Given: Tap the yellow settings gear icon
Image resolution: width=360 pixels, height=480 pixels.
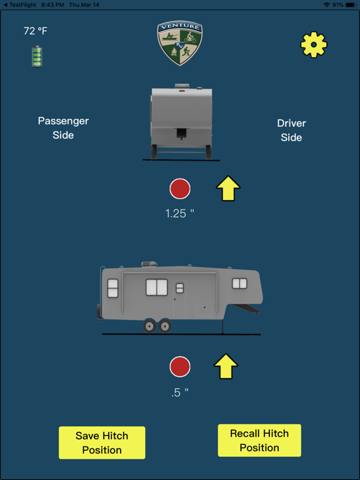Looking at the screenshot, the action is click(x=314, y=45).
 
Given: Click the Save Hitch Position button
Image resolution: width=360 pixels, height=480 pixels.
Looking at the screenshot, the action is click(x=102, y=442).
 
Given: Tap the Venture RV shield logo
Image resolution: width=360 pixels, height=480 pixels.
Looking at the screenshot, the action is click(x=180, y=43).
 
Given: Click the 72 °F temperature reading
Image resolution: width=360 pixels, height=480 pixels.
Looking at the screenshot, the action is click(x=36, y=31).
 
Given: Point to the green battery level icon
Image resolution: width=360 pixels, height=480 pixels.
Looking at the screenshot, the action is click(x=37, y=56).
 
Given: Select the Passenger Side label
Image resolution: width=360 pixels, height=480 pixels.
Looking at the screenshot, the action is click(x=63, y=128).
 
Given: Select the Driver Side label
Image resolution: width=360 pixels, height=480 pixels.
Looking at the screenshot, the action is click(x=291, y=131).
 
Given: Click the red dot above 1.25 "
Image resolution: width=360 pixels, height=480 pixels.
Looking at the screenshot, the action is click(x=180, y=189).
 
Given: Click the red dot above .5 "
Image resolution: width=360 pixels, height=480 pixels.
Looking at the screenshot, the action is click(x=180, y=366).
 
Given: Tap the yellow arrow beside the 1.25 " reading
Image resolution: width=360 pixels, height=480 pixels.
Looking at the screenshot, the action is click(x=228, y=188).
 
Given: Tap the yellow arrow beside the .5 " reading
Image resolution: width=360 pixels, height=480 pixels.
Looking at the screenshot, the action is click(x=226, y=366).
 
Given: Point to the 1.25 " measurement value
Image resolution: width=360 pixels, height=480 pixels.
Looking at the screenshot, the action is click(x=180, y=213).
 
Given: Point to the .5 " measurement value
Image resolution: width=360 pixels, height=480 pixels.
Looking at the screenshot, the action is click(x=180, y=392).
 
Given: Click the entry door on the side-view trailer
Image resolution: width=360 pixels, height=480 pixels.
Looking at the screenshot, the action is click(x=180, y=299).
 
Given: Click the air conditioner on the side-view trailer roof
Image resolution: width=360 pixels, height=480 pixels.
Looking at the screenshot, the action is click(x=149, y=264).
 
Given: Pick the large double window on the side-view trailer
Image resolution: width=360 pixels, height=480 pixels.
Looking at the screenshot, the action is click(x=157, y=287).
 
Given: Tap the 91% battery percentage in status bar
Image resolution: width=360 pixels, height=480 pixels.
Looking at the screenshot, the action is click(x=337, y=5).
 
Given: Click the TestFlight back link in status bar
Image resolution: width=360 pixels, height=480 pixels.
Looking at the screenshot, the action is click(x=19, y=5).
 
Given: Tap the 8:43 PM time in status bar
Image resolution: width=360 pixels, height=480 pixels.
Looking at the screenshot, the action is click(x=52, y=5).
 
